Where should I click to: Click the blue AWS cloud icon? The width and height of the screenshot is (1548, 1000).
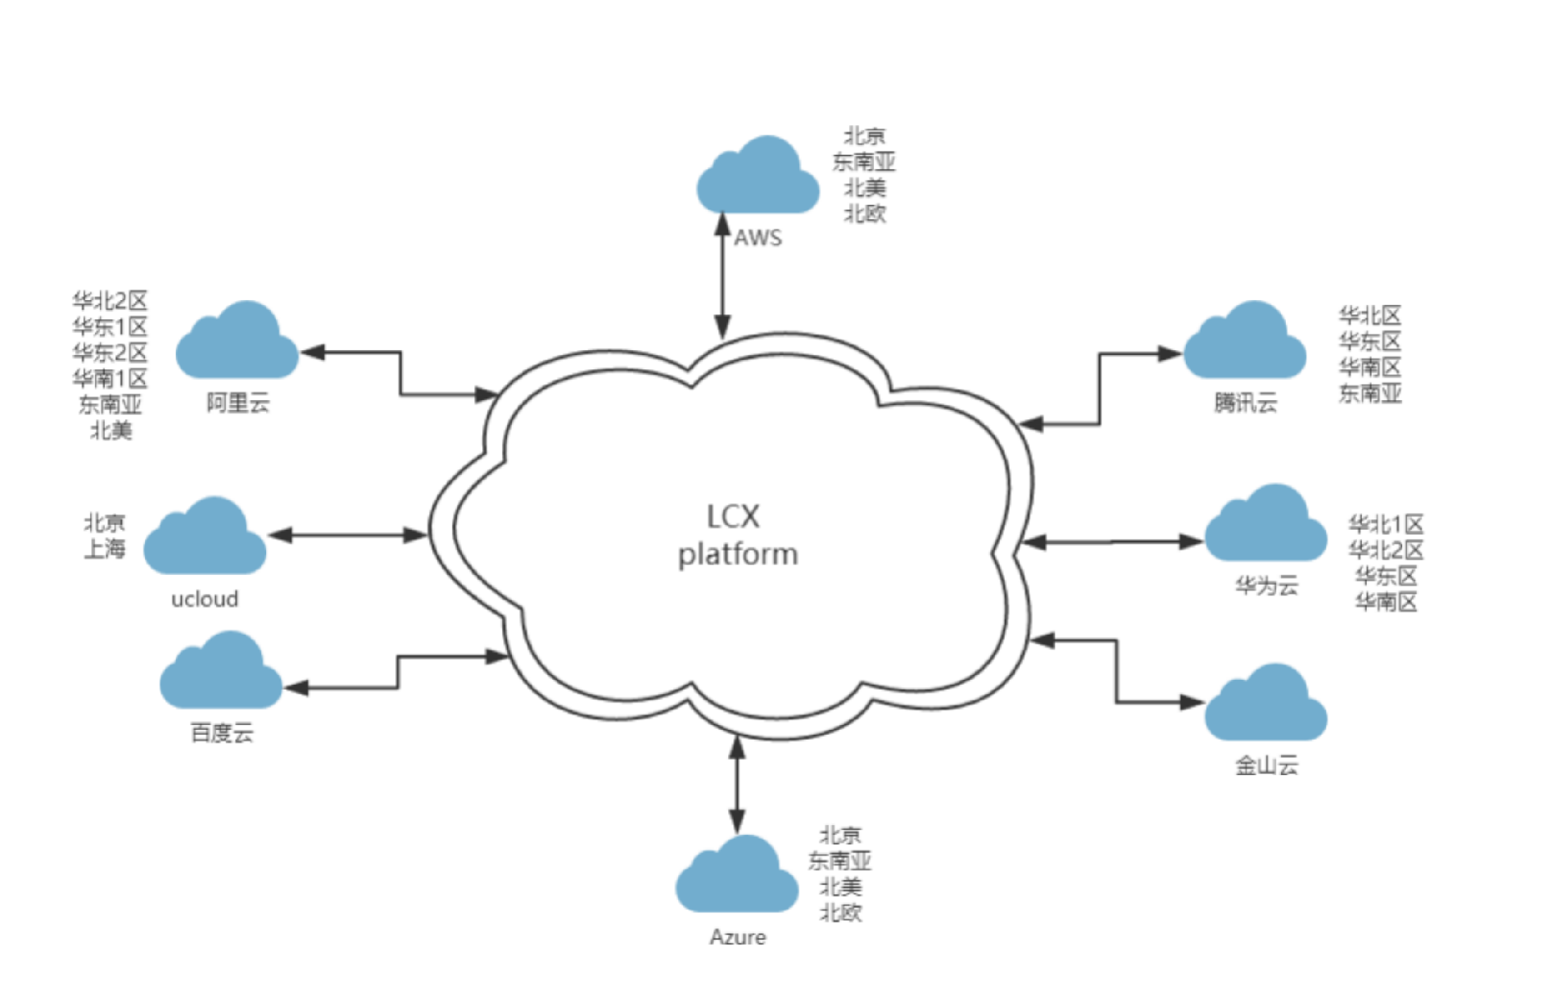click(x=758, y=177)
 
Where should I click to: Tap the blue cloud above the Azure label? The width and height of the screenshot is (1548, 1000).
click(x=737, y=877)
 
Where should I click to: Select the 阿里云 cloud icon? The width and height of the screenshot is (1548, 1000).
click(x=237, y=343)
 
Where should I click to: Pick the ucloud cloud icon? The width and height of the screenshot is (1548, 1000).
click(x=205, y=538)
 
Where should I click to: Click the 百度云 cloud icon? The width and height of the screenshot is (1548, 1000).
click(x=221, y=673)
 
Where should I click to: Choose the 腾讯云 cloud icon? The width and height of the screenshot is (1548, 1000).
click(x=1245, y=343)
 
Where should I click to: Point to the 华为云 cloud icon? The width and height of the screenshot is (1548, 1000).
click(x=1266, y=526)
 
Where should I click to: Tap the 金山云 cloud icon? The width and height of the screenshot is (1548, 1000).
click(x=1266, y=705)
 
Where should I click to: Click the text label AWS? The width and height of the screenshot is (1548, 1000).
click(x=758, y=238)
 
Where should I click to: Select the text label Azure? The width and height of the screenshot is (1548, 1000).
click(x=738, y=937)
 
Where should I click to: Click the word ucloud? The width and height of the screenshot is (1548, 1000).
click(x=205, y=599)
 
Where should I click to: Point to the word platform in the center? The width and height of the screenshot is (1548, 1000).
click(x=738, y=555)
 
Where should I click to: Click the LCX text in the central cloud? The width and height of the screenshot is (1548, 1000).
click(x=733, y=517)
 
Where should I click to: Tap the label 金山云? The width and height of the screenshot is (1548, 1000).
click(x=1267, y=765)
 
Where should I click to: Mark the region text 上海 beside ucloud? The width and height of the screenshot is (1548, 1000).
click(x=105, y=549)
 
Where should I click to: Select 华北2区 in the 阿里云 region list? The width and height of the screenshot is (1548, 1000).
click(x=110, y=302)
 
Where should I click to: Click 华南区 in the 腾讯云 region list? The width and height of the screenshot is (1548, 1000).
click(x=1370, y=368)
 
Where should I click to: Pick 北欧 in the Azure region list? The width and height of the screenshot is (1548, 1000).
click(x=841, y=913)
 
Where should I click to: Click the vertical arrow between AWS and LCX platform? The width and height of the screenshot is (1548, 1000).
click(x=723, y=274)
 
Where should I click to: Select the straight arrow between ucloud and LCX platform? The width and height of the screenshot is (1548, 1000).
click(x=347, y=535)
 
